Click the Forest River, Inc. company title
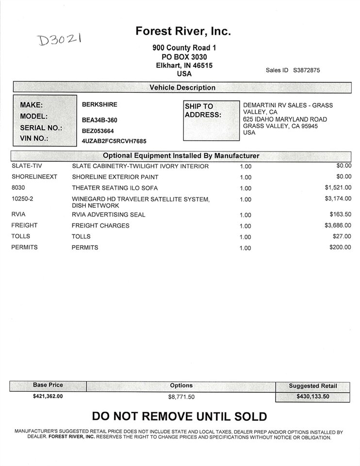point(182,32)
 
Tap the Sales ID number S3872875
point(306,70)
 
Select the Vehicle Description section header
point(182,88)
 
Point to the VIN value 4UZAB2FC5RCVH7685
point(114,141)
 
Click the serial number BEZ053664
point(98,131)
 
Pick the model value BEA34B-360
point(99,120)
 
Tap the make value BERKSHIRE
point(99,104)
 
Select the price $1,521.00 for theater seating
point(338,187)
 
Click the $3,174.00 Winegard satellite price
point(338,199)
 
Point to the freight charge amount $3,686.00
point(338,225)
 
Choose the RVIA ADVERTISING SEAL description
point(108,215)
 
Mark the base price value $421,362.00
point(48,396)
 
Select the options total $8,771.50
point(181,397)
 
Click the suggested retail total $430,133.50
point(312,397)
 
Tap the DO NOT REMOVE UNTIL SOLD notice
point(180,416)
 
